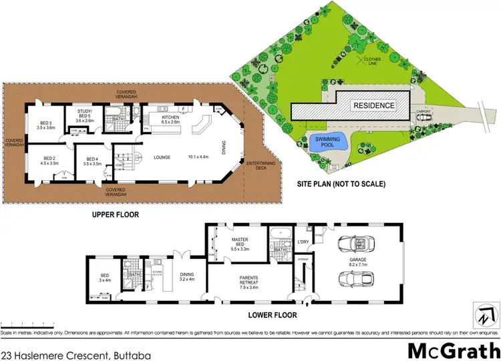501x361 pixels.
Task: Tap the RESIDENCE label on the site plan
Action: pyautogui.click(x=373, y=105)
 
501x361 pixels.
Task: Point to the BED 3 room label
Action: pyautogui.click(x=46, y=123)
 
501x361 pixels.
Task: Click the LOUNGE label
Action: pyautogui.click(x=162, y=157)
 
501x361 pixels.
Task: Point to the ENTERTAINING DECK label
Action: pyautogui.click(x=261, y=166)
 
